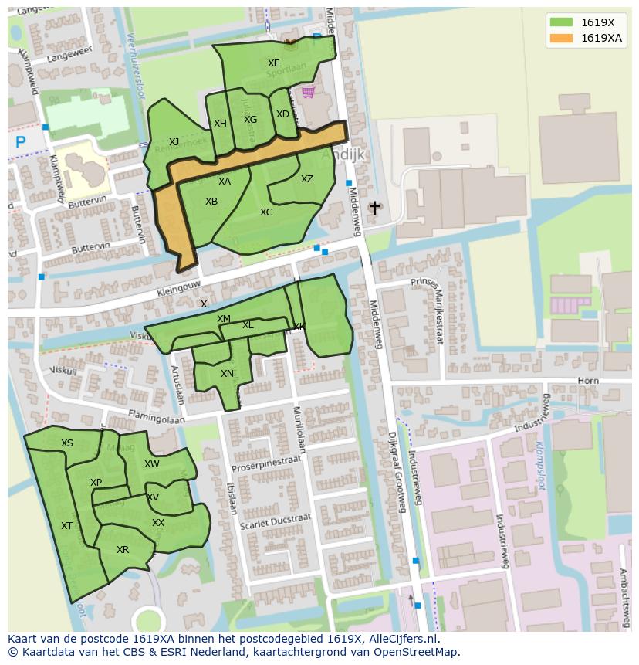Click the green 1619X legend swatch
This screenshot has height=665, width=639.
(561, 22)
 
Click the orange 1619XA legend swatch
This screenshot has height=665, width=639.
(561, 38)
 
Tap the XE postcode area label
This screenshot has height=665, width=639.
(274, 63)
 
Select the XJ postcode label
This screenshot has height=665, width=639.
(174, 141)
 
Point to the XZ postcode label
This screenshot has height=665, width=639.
(307, 179)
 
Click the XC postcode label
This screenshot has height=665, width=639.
(266, 212)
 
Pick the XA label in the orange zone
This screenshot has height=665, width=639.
(225, 182)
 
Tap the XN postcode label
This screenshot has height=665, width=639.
(227, 374)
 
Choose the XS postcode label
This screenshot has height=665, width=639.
(67, 443)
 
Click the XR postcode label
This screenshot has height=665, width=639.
(123, 550)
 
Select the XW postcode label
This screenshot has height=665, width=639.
(152, 464)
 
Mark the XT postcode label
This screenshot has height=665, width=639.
(67, 526)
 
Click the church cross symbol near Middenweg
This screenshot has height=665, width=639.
(375, 208)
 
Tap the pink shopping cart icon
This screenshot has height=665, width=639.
(308, 93)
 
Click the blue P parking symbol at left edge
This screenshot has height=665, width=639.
(21, 142)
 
